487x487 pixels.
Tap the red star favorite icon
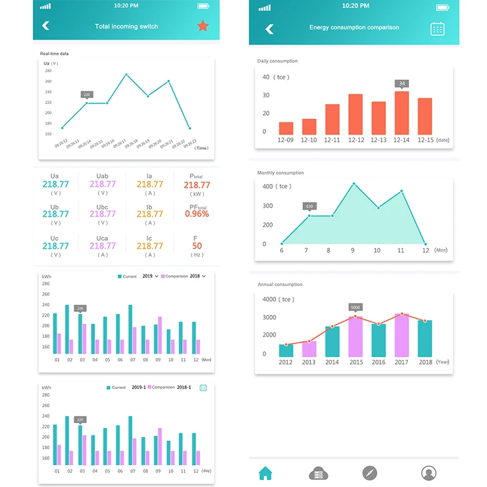(x=203, y=26)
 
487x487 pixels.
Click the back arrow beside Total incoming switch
(x=46, y=26)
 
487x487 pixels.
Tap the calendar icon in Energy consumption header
(x=438, y=28)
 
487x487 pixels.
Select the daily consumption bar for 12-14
(x=402, y=113)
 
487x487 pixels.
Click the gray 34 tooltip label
(x=402, y=83)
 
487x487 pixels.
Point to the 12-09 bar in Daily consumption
(x=286, y=128)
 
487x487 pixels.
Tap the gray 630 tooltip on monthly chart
(x=310, y=206)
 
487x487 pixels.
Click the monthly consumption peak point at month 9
(x=354, y=184)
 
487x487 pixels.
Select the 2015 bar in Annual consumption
(x=356, y=337)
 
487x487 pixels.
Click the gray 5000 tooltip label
(x=356, y=307)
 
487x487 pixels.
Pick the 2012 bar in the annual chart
(x=286, y=351)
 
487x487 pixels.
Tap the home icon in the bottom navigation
(x=265, y=473)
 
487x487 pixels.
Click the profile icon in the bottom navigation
(x=429, y=473)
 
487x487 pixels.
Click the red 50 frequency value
(x=197, y=246)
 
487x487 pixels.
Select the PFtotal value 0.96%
(x=197, y=214)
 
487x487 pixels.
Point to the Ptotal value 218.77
(x=197, y=185)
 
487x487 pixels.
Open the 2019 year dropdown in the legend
(x=150, y=276)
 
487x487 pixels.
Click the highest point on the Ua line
(x=126, y=74)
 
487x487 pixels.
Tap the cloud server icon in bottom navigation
(x=318, y=473)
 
